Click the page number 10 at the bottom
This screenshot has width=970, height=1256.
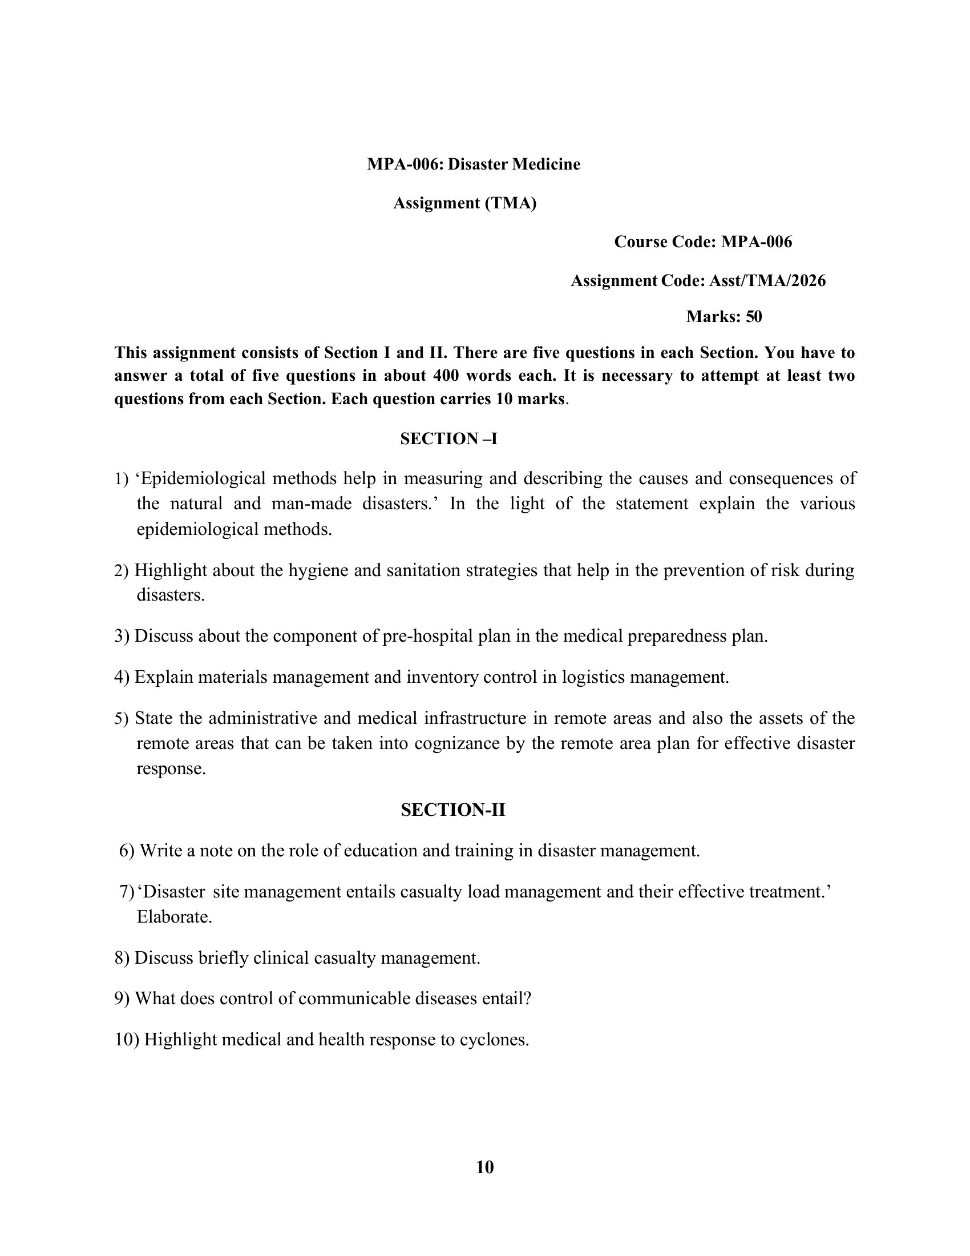[x=484, y=1167]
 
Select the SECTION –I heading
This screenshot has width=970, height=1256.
[x=448, y=439]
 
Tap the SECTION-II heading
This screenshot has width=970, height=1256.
[x=453, y=810]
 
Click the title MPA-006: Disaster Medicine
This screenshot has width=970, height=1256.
[x=474, y=164]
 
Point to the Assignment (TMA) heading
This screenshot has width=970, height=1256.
[x=464, y=203]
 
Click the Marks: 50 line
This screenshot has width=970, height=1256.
[x=724, y=316]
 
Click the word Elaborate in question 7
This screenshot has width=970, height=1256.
[x=174, y=917]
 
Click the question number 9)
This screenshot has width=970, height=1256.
[x=122, y=999]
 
